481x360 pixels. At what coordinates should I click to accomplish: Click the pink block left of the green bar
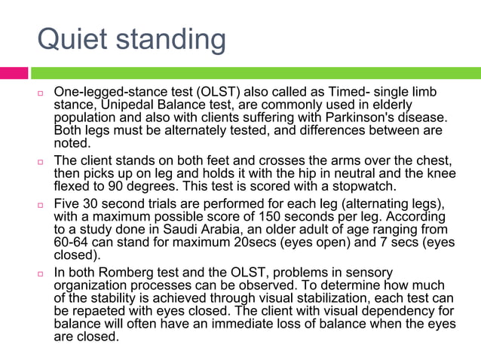(14, 73)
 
